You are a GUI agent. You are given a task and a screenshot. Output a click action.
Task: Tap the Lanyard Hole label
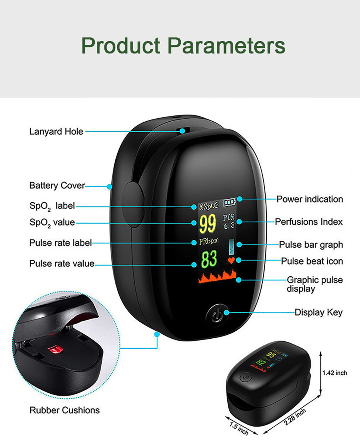point(56,132)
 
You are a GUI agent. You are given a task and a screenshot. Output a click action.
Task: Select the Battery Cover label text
point(57,186)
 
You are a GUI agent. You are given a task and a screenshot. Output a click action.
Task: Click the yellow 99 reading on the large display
point(208,224)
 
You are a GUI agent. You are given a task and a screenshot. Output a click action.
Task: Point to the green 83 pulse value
point(209,259)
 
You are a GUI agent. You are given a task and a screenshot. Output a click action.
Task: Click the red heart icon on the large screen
point(231,260)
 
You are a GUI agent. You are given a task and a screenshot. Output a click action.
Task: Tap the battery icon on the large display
point(230,202)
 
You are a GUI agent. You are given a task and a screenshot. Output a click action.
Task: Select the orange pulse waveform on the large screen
point(218,277)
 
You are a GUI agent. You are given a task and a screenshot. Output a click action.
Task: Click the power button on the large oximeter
point(218,313)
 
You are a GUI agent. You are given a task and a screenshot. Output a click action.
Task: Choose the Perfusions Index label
point(309,222)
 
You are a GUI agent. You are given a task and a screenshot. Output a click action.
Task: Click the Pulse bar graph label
point(311,245)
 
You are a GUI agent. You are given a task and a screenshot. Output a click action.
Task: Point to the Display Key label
point(319,312)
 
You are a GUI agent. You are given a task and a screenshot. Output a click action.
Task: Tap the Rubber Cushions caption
point(65,410)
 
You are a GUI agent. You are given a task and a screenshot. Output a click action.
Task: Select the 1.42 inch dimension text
point(334,373)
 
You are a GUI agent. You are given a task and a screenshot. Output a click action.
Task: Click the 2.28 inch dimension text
point(295,417)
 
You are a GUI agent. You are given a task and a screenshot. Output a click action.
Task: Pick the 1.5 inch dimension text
point(239,429)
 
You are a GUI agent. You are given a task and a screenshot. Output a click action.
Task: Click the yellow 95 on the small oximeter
point(271,355)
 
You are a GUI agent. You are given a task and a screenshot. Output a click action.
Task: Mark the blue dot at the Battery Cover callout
point(110,187)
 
